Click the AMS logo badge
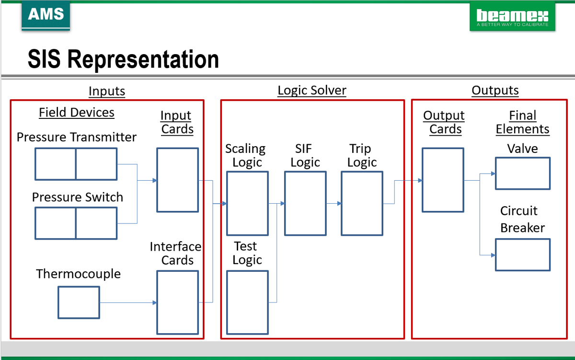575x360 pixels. click(46, 15)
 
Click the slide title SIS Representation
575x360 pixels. click(123, 59)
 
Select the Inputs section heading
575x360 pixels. click(107, 91)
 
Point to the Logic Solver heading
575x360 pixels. click(312, 90)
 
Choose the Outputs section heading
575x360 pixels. click(495, 90)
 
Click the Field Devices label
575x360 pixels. click(77, 112)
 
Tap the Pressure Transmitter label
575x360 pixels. click(77, 137)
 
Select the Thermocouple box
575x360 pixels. click(79, 302)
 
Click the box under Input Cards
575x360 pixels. click(177, 180)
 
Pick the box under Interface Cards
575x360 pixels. click(177, 302)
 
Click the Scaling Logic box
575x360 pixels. click(247, 204)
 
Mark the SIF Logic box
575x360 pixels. click(305, 204)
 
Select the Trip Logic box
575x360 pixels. click(362, 204)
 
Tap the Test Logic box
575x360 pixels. click(247, 302)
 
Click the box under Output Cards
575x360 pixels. click(443, 180)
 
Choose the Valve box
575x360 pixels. click(523, 173)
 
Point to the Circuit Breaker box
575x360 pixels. click(523, 255)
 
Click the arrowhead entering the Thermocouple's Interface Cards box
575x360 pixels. click(154, 302)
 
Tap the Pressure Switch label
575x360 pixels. click(78, 197)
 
